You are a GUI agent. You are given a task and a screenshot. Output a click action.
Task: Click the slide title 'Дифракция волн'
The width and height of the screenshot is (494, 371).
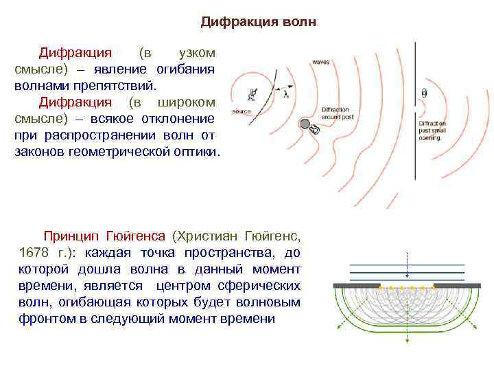[x=259, y=22]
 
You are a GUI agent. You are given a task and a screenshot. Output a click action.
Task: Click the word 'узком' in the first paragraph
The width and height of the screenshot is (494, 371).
[x=196, y=53]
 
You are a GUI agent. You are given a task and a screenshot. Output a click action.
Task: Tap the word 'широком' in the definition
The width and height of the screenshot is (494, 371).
[x=187, y=103]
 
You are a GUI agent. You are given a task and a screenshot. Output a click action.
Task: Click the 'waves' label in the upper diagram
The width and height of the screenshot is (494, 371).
[x=320, y=62]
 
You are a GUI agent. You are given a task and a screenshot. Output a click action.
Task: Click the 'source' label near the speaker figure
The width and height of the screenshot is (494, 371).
[x=242, y=111]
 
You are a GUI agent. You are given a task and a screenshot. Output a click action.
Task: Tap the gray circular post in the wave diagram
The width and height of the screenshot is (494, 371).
[x=304, y=124]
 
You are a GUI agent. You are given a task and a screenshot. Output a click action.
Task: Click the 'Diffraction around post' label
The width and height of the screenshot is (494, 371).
[x=334, y=113]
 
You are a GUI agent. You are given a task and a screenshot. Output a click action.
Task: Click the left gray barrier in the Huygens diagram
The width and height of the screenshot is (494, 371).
[x=357, y=285]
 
